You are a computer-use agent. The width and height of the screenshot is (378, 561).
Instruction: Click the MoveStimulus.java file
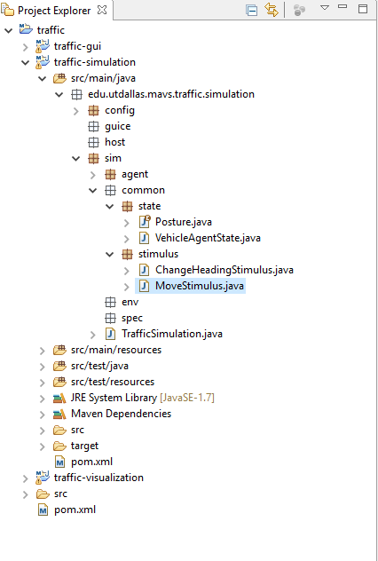click(x=199, y=286)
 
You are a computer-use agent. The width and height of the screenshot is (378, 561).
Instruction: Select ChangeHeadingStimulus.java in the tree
click(x=224, y=270)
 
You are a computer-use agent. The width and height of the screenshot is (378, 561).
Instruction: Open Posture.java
click(x=184, y=222)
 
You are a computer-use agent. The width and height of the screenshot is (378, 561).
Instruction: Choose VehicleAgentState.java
click(x=208, y=238)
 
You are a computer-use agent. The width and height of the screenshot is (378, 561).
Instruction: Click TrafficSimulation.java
click(x=172, y=334)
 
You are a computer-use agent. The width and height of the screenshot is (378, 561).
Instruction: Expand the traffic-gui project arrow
click(x=26, y=47)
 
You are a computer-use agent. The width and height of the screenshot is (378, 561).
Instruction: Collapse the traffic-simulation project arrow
click(x=26, y=63)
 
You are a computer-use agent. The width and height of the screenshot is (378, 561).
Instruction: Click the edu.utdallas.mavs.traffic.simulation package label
click(x=171, y=94)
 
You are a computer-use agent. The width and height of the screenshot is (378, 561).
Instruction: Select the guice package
click(x=118, y=126)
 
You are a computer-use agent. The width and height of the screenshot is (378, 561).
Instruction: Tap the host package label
click(x=114, y=142)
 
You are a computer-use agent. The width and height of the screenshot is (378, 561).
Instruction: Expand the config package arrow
click(x=76, y=111)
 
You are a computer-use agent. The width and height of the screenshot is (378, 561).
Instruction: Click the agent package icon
click(x=110, y=175)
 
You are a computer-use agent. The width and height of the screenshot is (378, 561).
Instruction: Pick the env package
click(x=130, y=302)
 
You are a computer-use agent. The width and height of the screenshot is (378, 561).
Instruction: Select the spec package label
click(x=132, y=318)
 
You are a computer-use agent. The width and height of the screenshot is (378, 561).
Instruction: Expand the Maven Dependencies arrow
click(x=43, y=415)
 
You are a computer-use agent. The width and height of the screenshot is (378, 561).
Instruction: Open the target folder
click(x=84, y=446)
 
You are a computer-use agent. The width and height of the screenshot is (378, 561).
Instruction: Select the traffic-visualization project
click(x=98, y=478)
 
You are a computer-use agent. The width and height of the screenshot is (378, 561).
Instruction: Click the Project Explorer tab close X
click(x=102, y=10)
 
